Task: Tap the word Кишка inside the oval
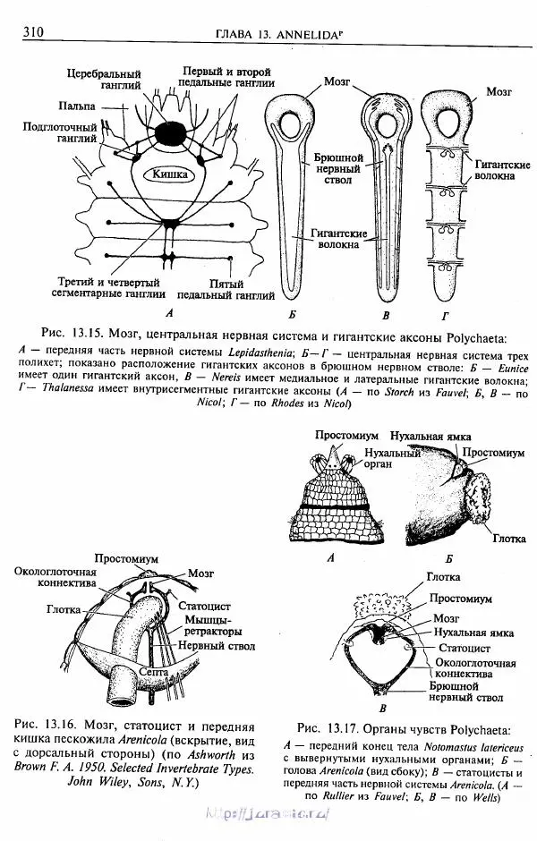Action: pyautogui.click(x=169, y=174)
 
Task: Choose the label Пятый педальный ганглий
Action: pyautogui.click(x=226, y=289)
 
